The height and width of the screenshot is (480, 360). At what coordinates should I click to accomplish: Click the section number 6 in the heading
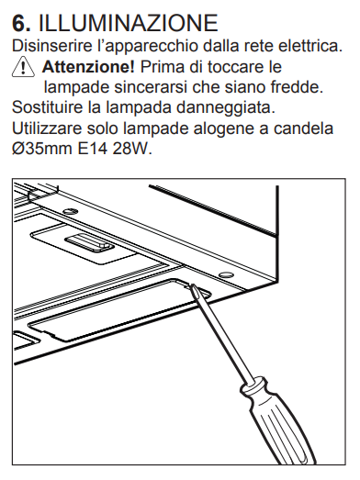pyautogui.click(x=21, y=23)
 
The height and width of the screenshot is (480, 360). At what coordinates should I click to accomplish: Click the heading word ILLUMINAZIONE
pyautogui.click(x=128, y=23)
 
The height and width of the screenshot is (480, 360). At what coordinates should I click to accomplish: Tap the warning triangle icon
pyautogui.click(x=23, y=68)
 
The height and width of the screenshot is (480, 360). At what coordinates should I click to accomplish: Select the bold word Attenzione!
pyautogui.click(x=88, y=67)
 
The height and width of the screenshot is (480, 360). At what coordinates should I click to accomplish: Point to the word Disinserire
pyautogui.click(x=51, y=46)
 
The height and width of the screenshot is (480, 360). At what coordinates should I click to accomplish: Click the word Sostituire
pyautogui.click(x=48, y=107)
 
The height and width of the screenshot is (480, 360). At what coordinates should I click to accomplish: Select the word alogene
pyautogui.click(x=224, y=129)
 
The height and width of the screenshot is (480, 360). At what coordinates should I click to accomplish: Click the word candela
pyautogui.click(x=303, y=128)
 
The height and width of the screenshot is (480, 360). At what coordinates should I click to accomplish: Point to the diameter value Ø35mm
pyautogui.click(x=41, y=149)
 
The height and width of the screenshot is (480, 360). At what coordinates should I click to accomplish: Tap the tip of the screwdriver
pyautogui.click(x=192, y=285)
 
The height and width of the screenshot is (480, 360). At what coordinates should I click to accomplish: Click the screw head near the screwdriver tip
pyautogui.click(x=226, y=273)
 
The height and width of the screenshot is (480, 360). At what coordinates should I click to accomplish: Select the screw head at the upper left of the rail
pyautogui.click(x=70, y=211)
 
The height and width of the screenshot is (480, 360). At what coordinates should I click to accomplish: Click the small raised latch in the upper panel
pyautogui.click(x=90, y=243)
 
